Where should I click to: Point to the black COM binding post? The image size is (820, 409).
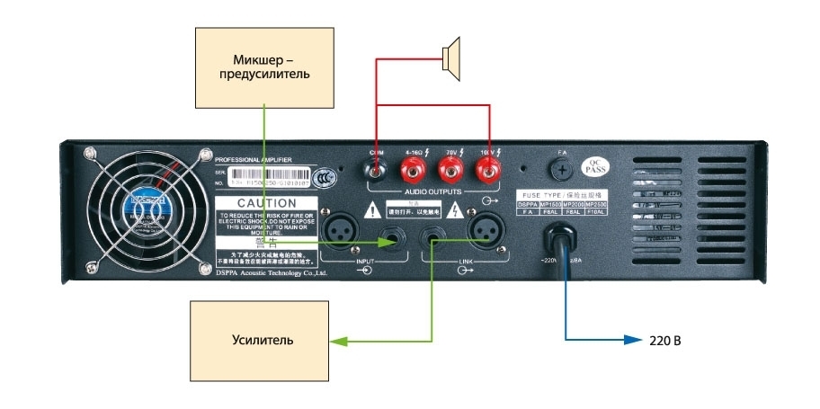(376, 167)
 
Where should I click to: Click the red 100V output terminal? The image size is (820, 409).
(489, 167)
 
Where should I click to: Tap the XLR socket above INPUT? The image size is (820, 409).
(345, 236)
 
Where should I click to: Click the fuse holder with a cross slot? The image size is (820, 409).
(563, 168)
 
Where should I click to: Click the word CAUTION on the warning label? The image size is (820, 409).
(266, 204)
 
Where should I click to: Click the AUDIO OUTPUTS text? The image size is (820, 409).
(433, 191)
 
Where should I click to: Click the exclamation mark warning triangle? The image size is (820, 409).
(371, 211)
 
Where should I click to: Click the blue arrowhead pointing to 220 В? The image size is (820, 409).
(634, 342)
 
